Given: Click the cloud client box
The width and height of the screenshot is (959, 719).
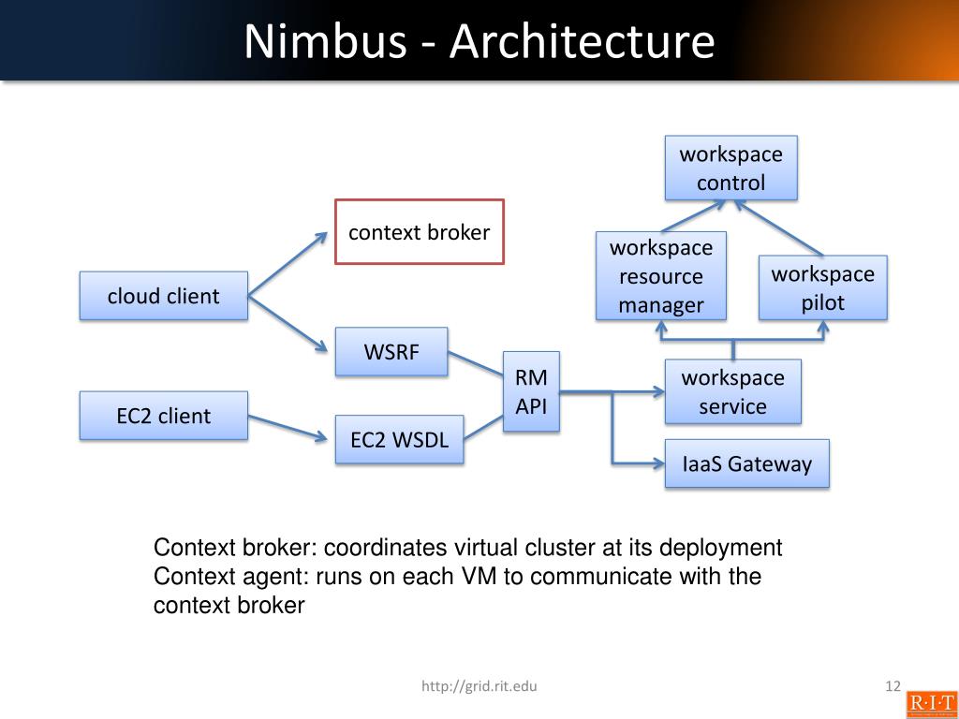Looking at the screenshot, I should coord(163,296).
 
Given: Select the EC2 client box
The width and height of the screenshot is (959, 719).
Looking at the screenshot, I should coord(163,416).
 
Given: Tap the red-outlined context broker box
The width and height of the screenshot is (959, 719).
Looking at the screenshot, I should coord(420,232).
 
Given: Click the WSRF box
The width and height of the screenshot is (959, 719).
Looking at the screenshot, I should coord(391,352).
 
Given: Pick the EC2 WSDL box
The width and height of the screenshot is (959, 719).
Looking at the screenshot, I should coord(399,440).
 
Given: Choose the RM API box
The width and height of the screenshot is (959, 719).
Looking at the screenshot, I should coord(531,391).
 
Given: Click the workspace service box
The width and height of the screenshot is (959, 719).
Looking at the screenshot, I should coord(732,391).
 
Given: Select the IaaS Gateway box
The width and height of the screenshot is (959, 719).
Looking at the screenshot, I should coord(746,463).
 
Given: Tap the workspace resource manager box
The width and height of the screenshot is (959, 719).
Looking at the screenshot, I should coord(660,276).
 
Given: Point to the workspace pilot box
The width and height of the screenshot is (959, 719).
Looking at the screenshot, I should coord(822,288).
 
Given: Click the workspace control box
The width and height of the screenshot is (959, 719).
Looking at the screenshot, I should coord(730,168).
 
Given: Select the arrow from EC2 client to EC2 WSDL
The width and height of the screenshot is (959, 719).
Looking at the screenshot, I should coord(291,427).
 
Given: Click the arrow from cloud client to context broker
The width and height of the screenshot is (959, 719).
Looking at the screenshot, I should coord(287,264).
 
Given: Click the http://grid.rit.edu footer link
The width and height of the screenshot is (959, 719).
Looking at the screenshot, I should coord(479,687).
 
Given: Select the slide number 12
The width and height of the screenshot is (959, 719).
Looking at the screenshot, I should coord(892,687).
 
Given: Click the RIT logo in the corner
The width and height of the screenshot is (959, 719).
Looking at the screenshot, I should coord(931,704).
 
